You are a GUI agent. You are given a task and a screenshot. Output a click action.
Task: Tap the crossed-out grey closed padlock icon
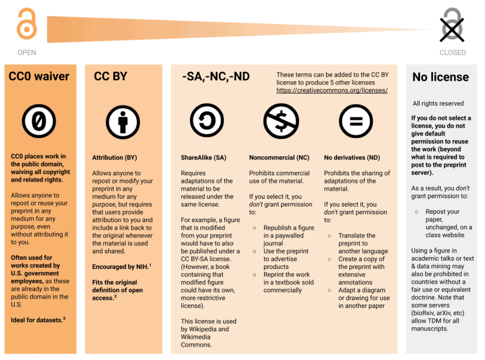(452, 25)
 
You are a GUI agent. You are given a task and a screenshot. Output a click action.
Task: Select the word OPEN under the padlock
(27, 53)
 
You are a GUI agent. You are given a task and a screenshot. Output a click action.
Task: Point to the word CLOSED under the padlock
(453, 53)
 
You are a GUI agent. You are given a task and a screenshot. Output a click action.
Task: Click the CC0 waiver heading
(39, 77)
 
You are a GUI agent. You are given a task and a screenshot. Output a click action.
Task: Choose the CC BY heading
(110, 77)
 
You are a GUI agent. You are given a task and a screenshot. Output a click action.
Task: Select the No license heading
(441, 77)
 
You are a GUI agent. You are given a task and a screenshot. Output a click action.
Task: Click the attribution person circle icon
(123, 122)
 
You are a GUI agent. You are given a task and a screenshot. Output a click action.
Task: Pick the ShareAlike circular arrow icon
(207, 121)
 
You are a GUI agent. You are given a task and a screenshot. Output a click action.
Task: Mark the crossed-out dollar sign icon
(281, 121)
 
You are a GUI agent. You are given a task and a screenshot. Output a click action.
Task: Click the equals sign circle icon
(356, 121)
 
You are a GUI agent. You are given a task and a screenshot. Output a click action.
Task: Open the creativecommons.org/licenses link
(332, 91)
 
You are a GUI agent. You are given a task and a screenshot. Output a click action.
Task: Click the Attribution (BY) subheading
(115, 158)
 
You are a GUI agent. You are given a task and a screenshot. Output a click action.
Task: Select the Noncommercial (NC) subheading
(279, 158)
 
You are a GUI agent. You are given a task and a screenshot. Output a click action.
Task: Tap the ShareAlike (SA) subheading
(203, 158)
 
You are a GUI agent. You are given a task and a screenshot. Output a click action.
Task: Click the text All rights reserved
(438, 103)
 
